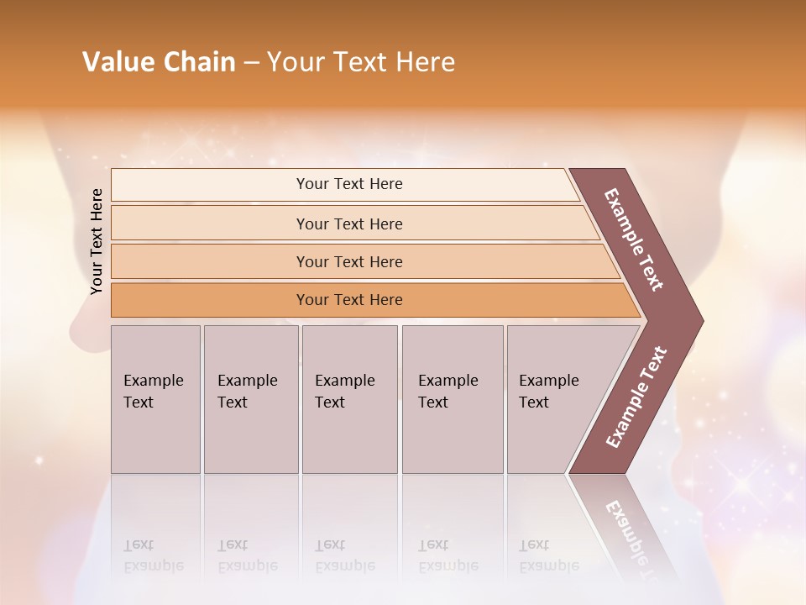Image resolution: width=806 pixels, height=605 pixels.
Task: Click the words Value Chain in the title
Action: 159,62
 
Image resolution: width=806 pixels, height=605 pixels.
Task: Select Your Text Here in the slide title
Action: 361,62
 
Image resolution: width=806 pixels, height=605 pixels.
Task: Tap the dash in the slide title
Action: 251,63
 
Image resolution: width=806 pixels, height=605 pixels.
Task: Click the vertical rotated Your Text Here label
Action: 97,241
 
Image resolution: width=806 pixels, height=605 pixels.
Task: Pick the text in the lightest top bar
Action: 349,184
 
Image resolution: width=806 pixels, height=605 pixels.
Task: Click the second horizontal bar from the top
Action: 349,224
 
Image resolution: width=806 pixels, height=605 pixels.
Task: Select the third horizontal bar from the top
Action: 349,261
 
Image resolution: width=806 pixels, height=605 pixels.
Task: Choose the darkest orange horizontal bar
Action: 349,300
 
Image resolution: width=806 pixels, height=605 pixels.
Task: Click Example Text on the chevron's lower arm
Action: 636,397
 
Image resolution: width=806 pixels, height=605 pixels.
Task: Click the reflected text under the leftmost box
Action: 154,555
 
